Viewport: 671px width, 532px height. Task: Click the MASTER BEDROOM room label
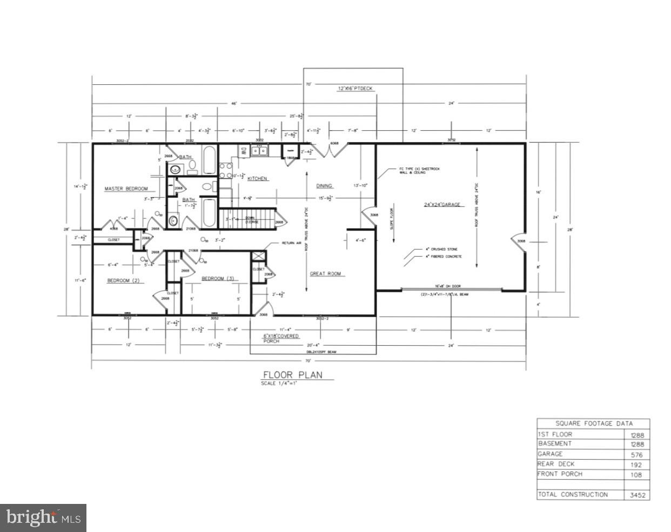click(x=126, y=188)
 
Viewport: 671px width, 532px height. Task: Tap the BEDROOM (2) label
click(x=123, y=280)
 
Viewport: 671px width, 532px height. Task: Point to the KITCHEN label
click(x=257, y=178)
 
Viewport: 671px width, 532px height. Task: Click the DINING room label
click(x=324, y=186)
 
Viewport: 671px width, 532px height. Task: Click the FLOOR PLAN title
click(x=292, y=375)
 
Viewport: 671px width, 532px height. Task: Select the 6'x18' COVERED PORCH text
click(x=280, y=338)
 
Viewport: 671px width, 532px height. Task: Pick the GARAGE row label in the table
click(x=550, y=454)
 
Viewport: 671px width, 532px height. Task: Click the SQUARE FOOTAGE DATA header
click(x=594, y=423)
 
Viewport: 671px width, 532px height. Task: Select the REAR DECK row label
click(x=556, y=464)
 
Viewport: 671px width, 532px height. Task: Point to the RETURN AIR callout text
click(x=292, y=244)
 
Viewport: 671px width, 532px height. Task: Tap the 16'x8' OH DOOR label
click(x=446, y=286)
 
